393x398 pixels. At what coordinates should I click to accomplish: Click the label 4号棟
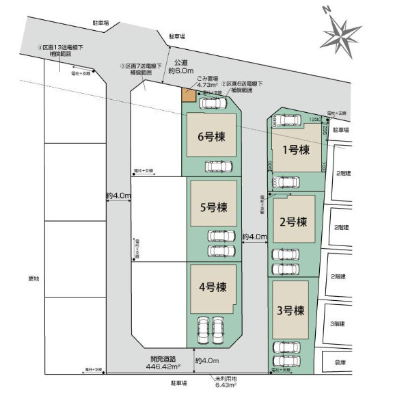tap(212, 288)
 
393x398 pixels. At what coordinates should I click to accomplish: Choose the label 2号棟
tap(293, 221)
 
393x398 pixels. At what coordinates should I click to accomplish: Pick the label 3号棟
tap(290, 310)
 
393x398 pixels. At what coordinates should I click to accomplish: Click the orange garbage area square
tap(187, 96)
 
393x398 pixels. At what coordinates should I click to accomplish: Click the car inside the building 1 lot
tap(289, 122)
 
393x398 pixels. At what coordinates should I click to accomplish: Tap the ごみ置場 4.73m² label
tap(208, 81)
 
